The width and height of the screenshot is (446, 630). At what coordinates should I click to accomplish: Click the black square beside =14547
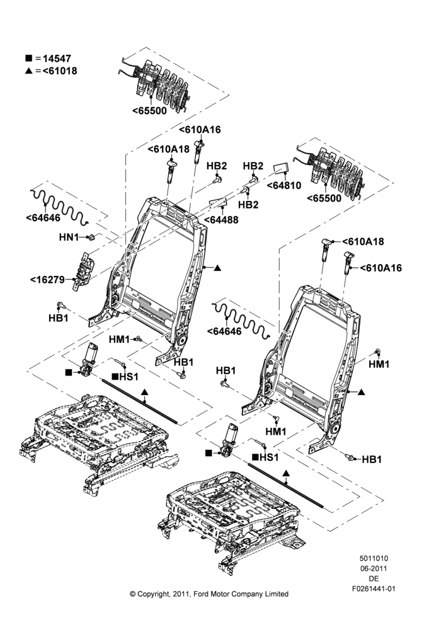click(x=28, y=58)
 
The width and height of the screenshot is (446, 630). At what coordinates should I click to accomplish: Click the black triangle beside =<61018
click(x=28, y=71)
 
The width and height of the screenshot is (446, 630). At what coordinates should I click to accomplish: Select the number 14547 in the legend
click(x=57, y=59)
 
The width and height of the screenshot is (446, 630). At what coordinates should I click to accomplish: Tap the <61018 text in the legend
click(x=60, y=71)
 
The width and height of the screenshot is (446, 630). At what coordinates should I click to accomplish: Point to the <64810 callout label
click(x=283, y=185)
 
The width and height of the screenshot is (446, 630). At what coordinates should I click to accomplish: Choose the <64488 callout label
click(x=221, y=220)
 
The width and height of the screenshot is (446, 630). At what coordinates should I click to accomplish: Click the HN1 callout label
click(x=69, y=238)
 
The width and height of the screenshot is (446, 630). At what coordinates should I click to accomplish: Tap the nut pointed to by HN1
click(x=91, y=238)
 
